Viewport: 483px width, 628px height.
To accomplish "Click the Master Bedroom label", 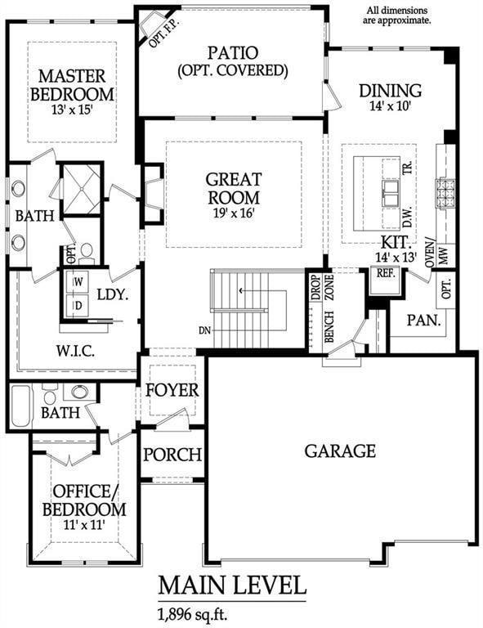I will [71, 84].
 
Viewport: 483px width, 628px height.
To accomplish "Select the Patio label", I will [233, 53].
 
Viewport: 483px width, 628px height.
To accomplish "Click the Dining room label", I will [390, 91].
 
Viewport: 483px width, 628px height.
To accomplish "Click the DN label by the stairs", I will [204, 330].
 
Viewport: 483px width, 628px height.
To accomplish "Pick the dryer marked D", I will [78, 305].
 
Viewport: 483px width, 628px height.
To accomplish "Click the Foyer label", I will [172, 390].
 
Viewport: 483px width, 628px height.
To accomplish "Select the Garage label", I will [340, 451].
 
